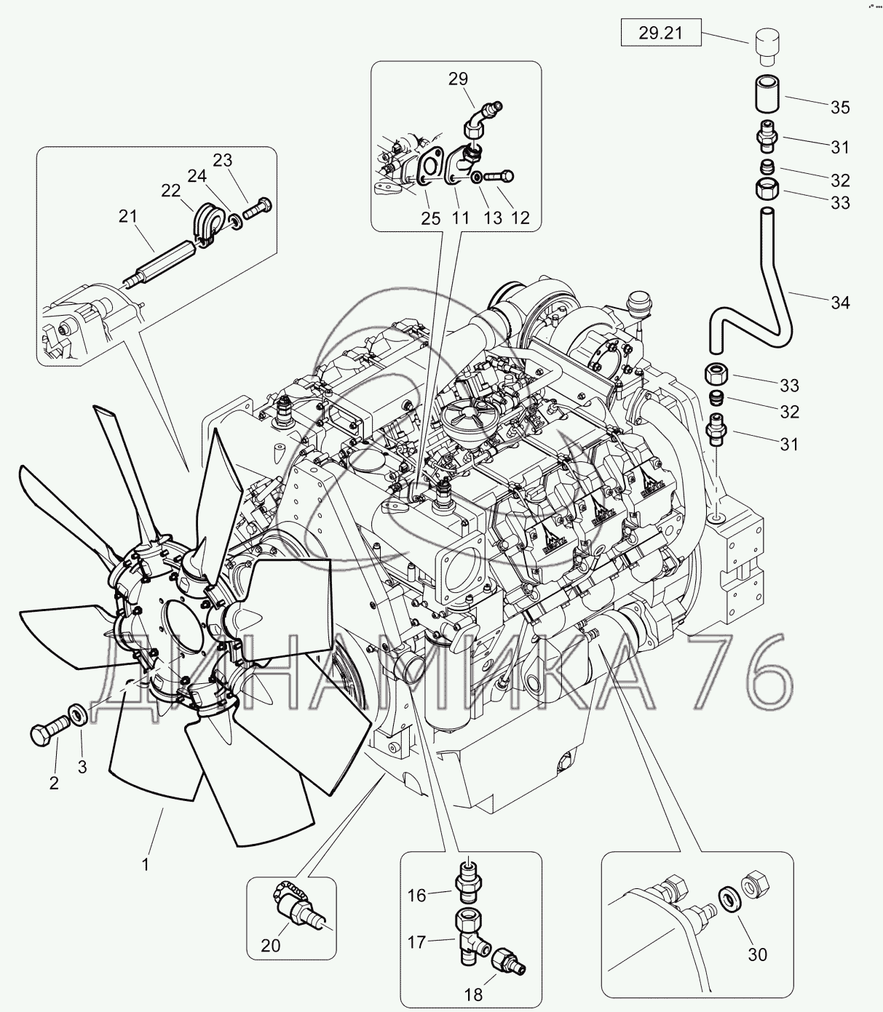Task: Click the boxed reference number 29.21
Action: coord(661,33)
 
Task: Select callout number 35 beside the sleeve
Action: coord(840,108)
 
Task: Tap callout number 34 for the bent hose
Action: coord(840,302)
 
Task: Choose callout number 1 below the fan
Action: coord(146,864)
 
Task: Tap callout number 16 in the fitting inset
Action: coord(416,895)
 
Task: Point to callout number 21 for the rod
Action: coord(128,216)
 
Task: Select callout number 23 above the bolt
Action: coord(223,161)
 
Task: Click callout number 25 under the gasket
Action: coord(431,218)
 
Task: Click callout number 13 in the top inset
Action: coord(493,218)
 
